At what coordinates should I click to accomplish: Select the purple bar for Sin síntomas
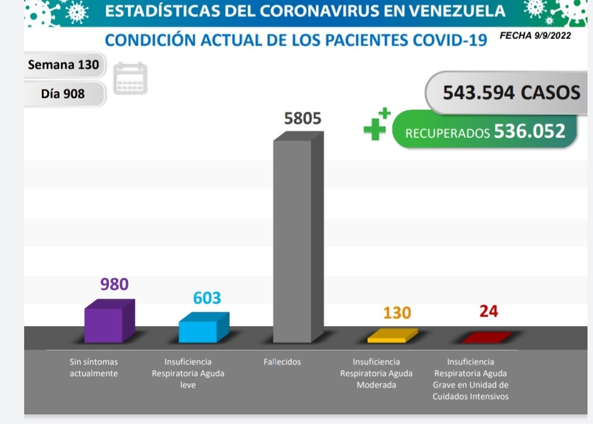(104, 325)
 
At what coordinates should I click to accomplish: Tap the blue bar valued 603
(198, 331)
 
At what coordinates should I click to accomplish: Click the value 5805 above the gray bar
(302, 119)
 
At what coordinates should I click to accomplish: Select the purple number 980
(114, 284)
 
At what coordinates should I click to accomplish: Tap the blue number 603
(207, 298)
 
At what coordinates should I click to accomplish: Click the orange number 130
(397, 313)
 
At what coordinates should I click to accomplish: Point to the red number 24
(488, 311)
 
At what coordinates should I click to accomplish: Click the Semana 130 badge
(64, 65)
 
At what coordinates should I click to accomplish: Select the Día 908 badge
(63, 94)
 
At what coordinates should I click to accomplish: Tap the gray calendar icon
(130, 79)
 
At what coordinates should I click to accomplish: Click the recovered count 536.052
(529, 131)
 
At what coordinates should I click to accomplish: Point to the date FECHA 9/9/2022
(535, 36)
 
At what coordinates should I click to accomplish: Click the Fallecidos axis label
(282, 362)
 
